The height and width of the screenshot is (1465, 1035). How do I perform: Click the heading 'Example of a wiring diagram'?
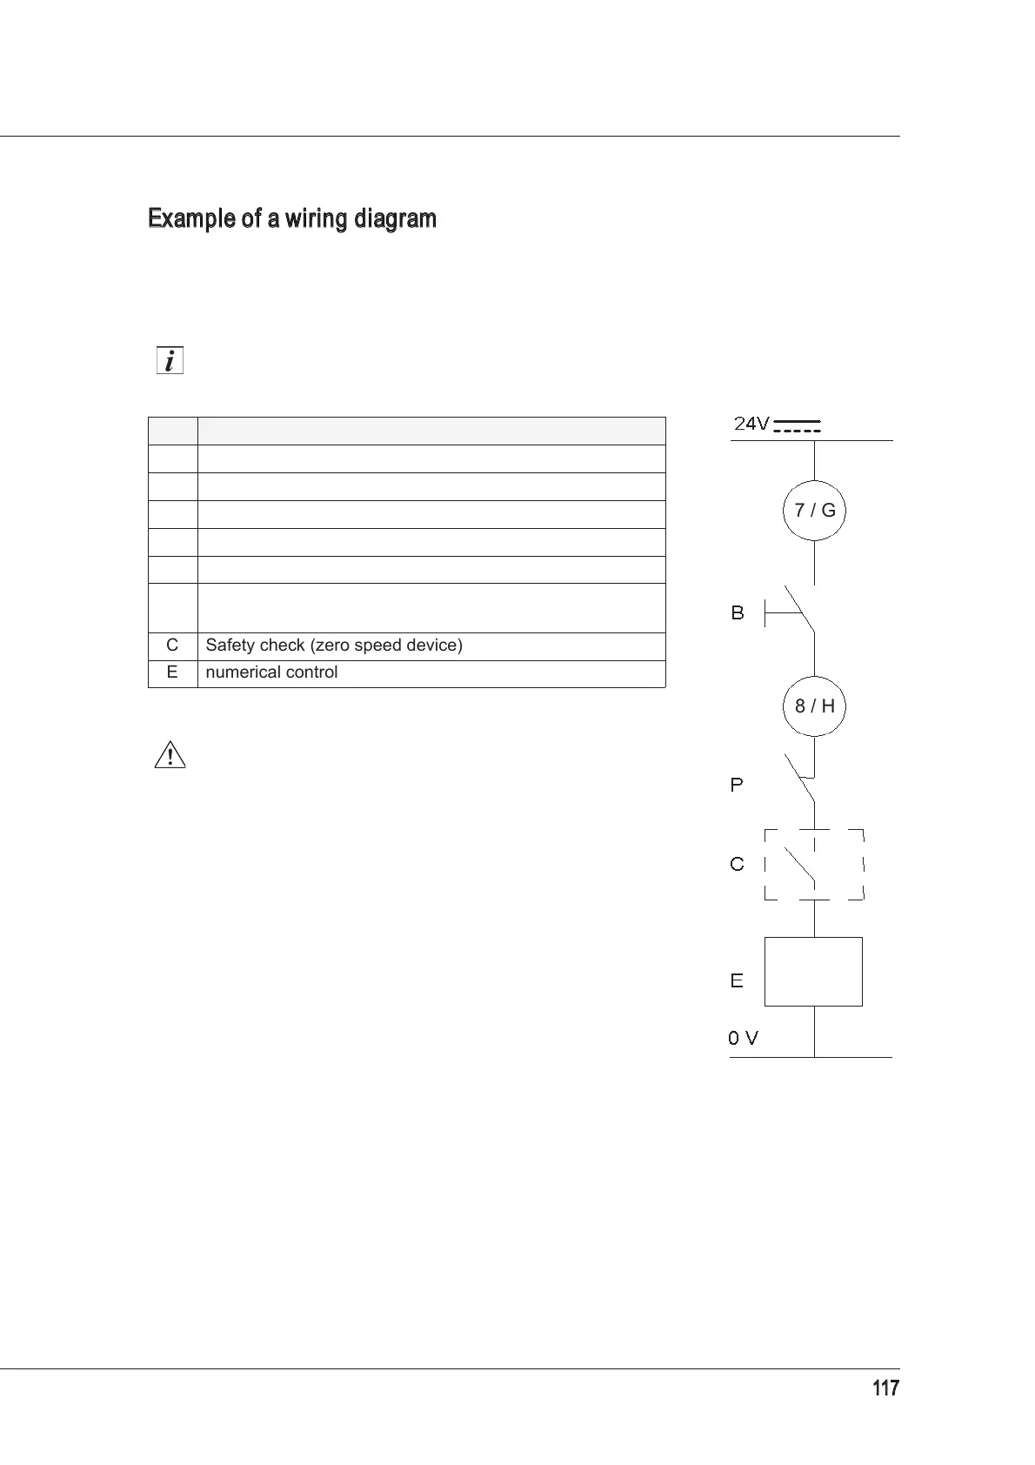292,218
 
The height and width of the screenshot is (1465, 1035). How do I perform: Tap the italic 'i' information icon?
170,360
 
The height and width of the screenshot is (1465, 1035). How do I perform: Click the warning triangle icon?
170,755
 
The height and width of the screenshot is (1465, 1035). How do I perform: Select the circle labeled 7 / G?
815,511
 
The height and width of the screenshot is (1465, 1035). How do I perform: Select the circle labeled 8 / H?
815,706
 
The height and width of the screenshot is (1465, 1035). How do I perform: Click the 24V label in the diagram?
751,425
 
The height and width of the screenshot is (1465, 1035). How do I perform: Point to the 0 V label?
743,1038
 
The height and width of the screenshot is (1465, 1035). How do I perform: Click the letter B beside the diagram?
738,613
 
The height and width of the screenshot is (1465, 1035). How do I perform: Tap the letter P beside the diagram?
737,785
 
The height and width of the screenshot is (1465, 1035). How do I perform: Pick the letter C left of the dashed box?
738,864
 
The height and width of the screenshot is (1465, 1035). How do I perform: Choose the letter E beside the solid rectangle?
737,980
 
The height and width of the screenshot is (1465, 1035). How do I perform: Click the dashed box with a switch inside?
814,864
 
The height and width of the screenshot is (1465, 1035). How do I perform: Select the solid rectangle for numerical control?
813,972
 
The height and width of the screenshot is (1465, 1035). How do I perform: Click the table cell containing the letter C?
172,646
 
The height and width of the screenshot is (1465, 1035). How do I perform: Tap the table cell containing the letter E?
172,672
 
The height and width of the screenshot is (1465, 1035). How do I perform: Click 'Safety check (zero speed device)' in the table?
334,646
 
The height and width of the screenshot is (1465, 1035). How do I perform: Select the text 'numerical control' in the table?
271,672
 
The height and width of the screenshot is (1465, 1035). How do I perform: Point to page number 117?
885,1388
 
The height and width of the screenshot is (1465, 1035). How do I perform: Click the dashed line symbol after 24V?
797,425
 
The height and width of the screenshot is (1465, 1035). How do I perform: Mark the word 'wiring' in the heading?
317,218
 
